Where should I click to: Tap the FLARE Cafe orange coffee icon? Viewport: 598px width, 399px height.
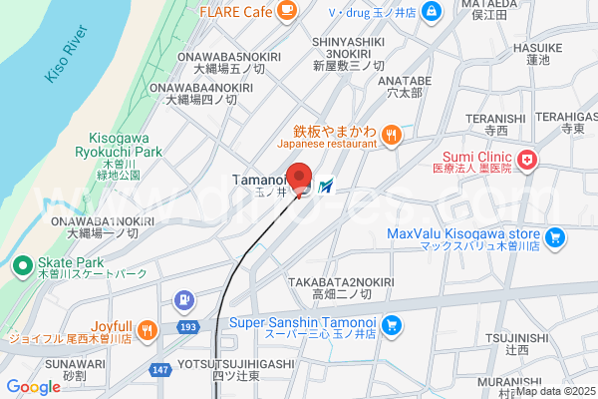287,11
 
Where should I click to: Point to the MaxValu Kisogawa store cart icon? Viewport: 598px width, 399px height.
556,237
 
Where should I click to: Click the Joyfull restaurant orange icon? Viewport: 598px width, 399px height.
148,328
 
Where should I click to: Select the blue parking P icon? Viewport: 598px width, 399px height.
183,299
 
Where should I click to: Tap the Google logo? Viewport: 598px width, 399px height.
33,387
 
